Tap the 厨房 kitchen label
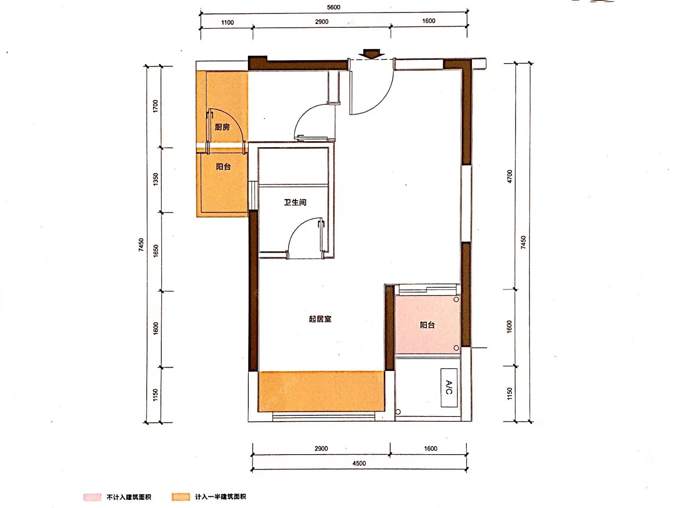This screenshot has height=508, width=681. click(x=222, y=127)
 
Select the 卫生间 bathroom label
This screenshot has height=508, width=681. click(x=295, y=202)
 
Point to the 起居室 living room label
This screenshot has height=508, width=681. click(x=320, y=319)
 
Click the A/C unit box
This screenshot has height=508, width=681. click(x=449, y=387)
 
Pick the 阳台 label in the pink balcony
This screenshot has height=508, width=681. click(x=427, y=325)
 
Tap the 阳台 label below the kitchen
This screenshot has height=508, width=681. click(x=223, y=166)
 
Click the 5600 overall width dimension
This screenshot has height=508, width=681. click(x=333, y=7)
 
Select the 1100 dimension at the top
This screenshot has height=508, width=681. click(x=228, y=22)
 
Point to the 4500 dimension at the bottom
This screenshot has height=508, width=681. click(x=359, y=463)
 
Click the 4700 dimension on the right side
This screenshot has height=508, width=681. click(x=509, y=176)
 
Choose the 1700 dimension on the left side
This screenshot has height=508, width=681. click(x=155, y=106)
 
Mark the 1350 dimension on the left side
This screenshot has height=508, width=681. click(x=155, y=179)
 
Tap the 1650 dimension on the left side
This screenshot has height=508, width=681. click(x=155, y=251)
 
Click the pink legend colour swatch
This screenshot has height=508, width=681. click(x=92, y=497)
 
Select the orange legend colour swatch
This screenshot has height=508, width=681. click(x=180, y=497)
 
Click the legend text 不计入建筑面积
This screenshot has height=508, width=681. click(x=129, y=497)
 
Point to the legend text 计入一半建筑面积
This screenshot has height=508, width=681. click(x=220, y=497)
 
